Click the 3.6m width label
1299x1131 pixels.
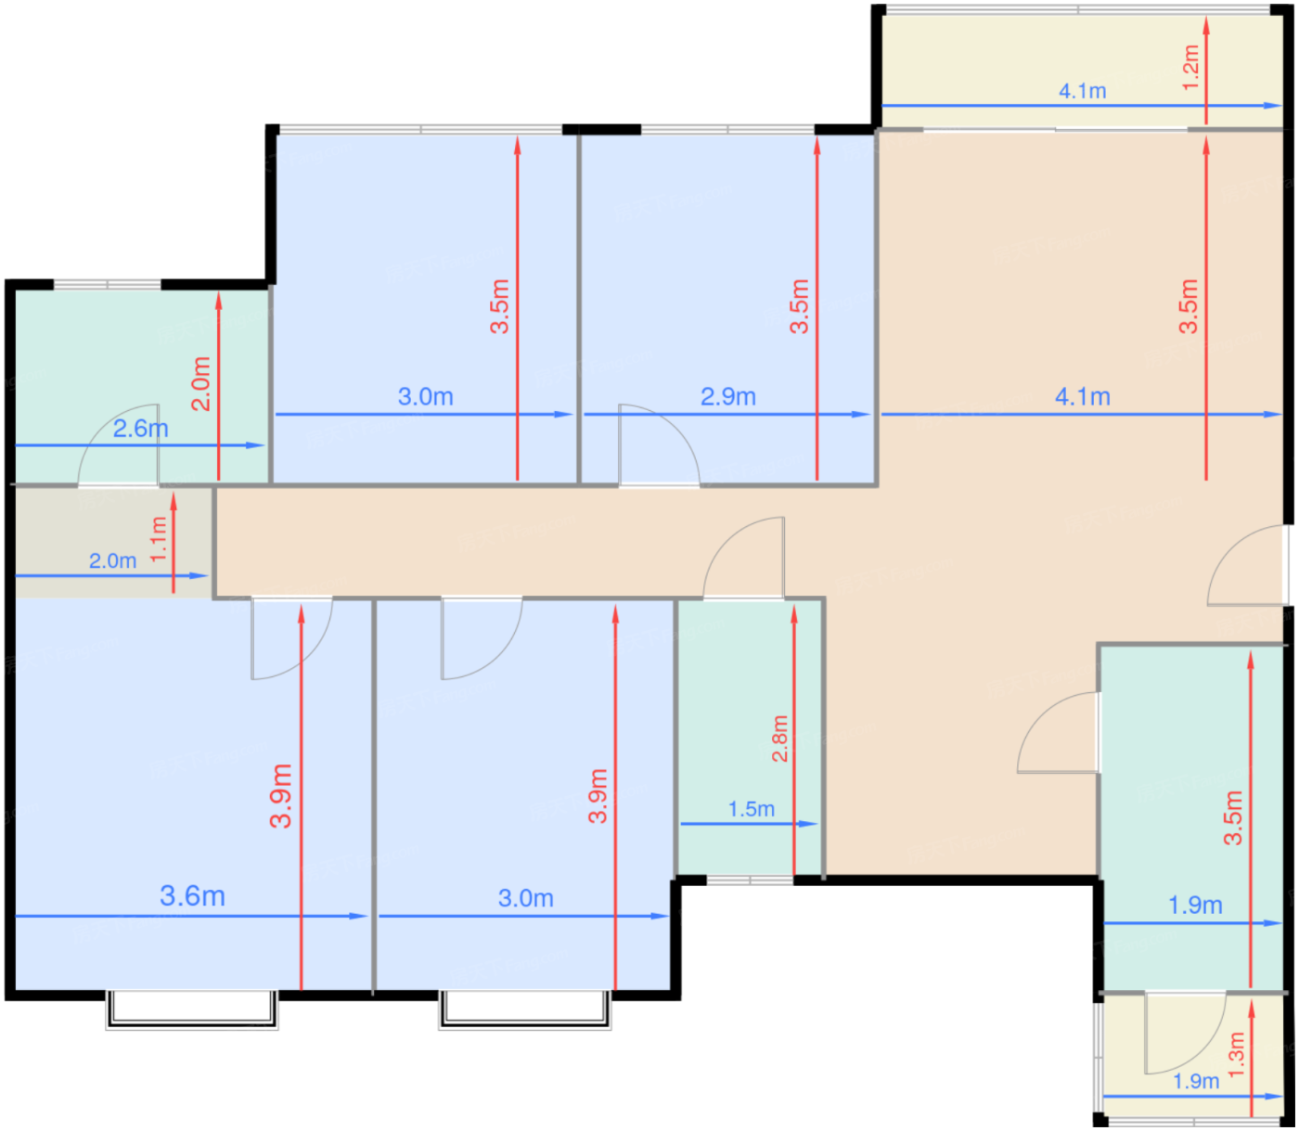click(x=192, y=896)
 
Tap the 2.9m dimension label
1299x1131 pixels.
click(x=727, y=397)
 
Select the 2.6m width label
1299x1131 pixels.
click(x=140, y=429)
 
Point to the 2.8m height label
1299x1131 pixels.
click(x=779, y=739)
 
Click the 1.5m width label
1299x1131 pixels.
click(x=751, y=808)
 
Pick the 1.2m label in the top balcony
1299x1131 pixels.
click(x=1191, y=68)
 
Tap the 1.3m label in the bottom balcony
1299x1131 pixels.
click(x=1236, y=1054)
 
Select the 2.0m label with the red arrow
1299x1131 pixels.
click(x=200, y=384)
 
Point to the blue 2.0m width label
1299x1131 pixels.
click(x=112, y=560)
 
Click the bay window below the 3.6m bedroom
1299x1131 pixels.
click(x=192, y=1009)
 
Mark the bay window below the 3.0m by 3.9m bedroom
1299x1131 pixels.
click(x=525, y=1009)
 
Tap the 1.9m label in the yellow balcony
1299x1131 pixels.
click(x=1195, y=1081)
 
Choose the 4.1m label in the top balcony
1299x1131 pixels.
click(x=1083, y=91)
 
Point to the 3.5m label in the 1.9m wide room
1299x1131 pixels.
click(x=1232, y=817)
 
